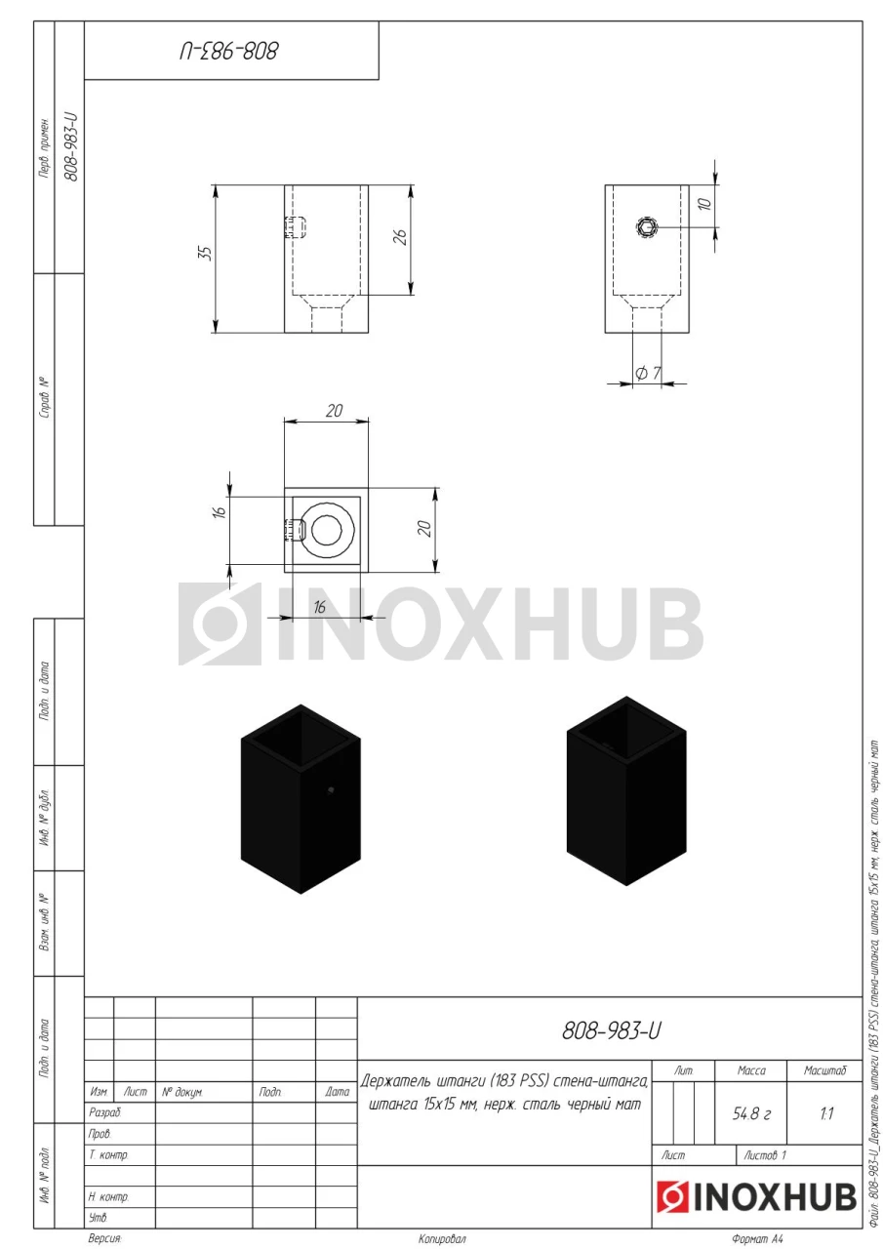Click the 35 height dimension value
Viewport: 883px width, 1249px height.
pos(206,253)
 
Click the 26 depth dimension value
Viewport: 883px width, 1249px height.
pos(400,237)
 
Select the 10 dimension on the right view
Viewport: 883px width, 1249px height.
pos(704,204)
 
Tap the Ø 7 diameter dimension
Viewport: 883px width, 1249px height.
pos(648,373)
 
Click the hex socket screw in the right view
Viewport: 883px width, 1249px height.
pos(647,227)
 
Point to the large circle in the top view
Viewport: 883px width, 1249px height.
pos(327,529)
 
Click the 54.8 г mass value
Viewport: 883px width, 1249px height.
pos(751,1114)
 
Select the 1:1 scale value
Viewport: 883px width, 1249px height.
pos(826,1114)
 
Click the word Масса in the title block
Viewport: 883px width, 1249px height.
pos(751,1070)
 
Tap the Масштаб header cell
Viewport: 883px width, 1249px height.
pos(825,1070)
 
